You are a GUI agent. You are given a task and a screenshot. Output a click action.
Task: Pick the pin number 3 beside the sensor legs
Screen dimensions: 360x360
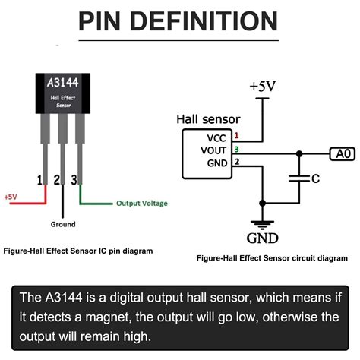73,181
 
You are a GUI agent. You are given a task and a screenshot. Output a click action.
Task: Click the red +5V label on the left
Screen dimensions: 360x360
11,197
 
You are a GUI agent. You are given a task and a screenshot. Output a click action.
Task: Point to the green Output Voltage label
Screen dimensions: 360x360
141,204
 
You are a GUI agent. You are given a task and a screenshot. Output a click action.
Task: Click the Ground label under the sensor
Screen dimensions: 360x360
62,225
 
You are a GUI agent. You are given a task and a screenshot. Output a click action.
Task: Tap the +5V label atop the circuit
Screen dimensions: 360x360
263,87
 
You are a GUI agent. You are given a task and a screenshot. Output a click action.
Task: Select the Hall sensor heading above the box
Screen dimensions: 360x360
208,119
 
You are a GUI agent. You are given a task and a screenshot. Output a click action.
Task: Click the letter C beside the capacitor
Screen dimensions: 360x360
315,179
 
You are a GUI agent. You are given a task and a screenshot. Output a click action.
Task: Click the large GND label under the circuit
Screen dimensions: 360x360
263,238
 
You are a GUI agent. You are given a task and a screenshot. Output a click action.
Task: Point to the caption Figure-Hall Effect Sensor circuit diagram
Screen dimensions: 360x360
271,258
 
